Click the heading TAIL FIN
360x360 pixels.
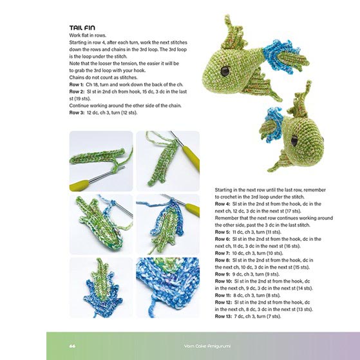tap(82, 28)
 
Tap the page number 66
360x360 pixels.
tap(72, 346)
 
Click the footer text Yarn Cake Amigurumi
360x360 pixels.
tap(207, 346)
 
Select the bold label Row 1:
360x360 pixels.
tap(77, 84)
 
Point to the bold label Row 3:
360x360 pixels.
tap(77, 113)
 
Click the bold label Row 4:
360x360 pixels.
tap(222, 204)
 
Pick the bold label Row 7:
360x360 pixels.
tap(222, 253)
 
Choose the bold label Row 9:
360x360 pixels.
tap(222, 274)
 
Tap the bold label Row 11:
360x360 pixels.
tap(223, 295)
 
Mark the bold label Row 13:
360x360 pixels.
tap(223, 316)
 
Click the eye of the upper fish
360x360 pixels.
tap(225, 71)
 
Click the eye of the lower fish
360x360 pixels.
tap(294, 140)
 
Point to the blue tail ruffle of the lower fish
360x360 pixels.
tap(272, 125)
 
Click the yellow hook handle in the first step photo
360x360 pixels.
tap(80, 185)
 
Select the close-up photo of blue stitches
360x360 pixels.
tap(168, 288)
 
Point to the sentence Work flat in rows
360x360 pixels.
tap(88, 35)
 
